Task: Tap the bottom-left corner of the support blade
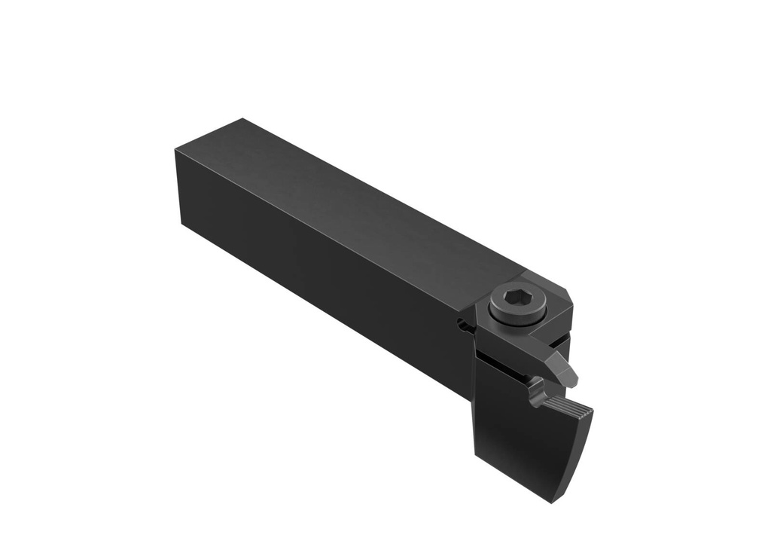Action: click(x=476, y=454)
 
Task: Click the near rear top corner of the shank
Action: click(x=175, y=149)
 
